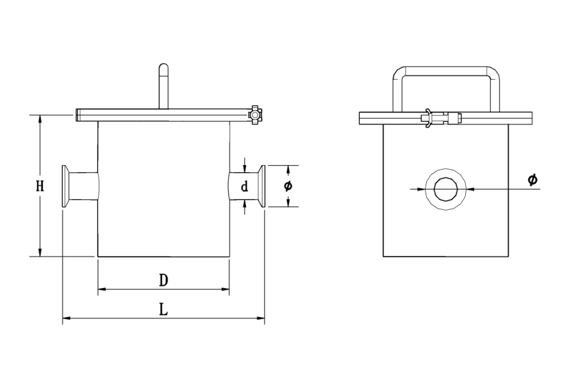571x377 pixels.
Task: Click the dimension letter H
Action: tap(40, 186)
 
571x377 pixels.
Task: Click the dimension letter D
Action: tap(164, 280)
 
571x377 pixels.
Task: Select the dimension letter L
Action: tap(164, 309)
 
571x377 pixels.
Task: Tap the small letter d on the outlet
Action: tap(244, 188)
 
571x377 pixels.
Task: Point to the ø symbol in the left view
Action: tap(287, 186)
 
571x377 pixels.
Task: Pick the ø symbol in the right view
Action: tap(533, 179)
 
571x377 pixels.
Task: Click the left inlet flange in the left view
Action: tap(65, 187)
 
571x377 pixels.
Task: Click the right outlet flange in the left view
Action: tap(262, 187)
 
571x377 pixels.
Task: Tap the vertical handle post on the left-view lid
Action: tap(164, 86)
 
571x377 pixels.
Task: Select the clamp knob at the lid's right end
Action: tap(254, 115)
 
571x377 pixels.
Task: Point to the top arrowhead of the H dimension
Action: tap(40, 119)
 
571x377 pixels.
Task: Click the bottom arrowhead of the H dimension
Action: tap(40, 253)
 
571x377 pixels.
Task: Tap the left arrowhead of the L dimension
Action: tap(66, 320)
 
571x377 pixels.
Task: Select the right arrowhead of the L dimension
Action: tap(261, 320)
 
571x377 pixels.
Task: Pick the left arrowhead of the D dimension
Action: tap(101, 289)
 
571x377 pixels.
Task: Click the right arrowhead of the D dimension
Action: tap(226, 289)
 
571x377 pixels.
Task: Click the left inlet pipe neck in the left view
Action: tap(84, 187)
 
